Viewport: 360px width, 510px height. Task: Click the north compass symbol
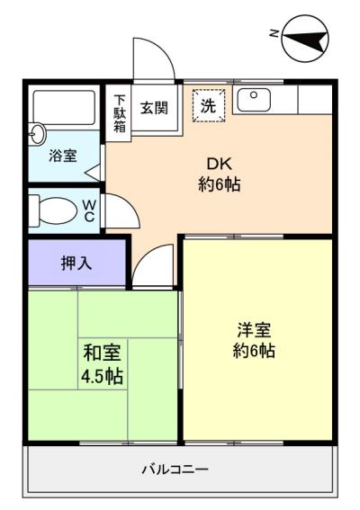click(x=305, y=38)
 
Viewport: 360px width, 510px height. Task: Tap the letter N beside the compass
click(x=274, y=33)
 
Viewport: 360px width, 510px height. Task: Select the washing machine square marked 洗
click(x=209, y=105)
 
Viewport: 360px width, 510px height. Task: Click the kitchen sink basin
click(x=254, y=100)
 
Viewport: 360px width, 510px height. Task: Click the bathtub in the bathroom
click(x=64, y=108)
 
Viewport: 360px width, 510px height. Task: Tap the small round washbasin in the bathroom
click(x=37, y=133)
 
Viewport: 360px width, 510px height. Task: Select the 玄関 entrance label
click(x=154, y=108)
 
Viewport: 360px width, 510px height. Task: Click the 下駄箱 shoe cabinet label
click(x=120, y=112)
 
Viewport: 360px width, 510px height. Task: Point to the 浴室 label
click(x=63, y=157)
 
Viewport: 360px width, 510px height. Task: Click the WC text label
click(x=89, y=210)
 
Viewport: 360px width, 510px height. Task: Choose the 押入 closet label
click(x=76, y=264)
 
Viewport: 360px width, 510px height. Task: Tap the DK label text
click(x=220, y=165)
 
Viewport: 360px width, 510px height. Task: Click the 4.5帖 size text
click(x=102, y=377)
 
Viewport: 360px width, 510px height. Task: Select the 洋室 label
click(x=254, y=330)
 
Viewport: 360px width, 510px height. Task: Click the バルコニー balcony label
click(x=175, y=470)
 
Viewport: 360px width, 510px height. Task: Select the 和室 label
click(x=103, y=353)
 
